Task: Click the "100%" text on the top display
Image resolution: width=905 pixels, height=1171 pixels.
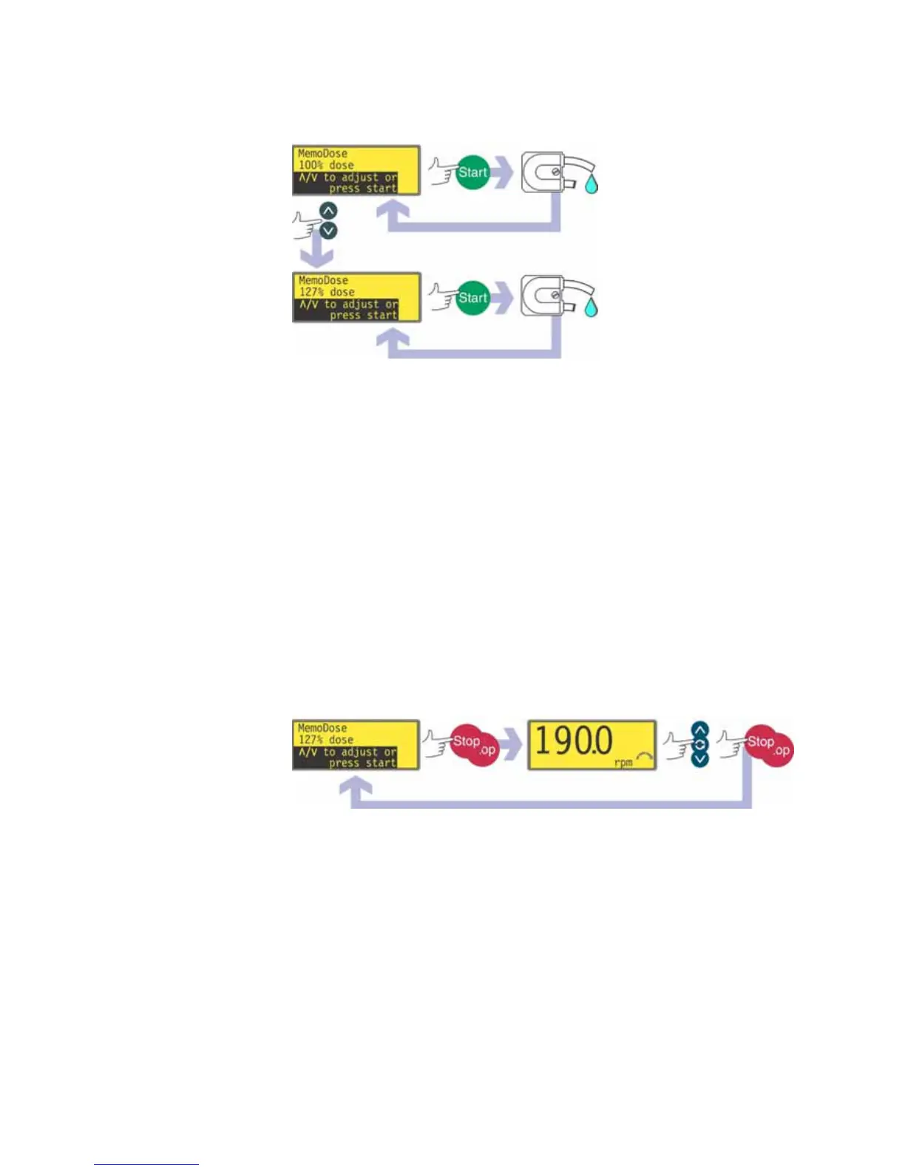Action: click(311, 166)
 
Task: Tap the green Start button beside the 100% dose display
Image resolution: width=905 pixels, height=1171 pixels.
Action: click(472, 172)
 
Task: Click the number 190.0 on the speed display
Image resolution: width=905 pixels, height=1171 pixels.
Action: click(574, 741)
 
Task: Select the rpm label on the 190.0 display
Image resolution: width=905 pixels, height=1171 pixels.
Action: click(623, 762)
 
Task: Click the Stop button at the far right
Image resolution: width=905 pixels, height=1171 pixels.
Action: click(761, 741)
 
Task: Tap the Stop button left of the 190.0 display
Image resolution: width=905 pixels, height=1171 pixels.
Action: click(467, 741)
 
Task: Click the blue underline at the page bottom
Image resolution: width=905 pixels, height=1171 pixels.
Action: click(146, 1164)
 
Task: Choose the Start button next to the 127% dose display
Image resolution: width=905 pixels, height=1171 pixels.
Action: click(472, 298)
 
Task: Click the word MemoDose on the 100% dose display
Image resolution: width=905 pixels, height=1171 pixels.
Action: click(322, 154)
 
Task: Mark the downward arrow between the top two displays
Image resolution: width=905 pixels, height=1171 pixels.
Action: click(319, 254)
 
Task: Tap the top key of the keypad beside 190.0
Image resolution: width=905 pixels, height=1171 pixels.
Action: click(699, 730)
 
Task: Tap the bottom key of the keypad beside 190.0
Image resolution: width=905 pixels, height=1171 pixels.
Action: click(699, 758)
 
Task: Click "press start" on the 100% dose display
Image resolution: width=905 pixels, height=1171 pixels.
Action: click(362, 189)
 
